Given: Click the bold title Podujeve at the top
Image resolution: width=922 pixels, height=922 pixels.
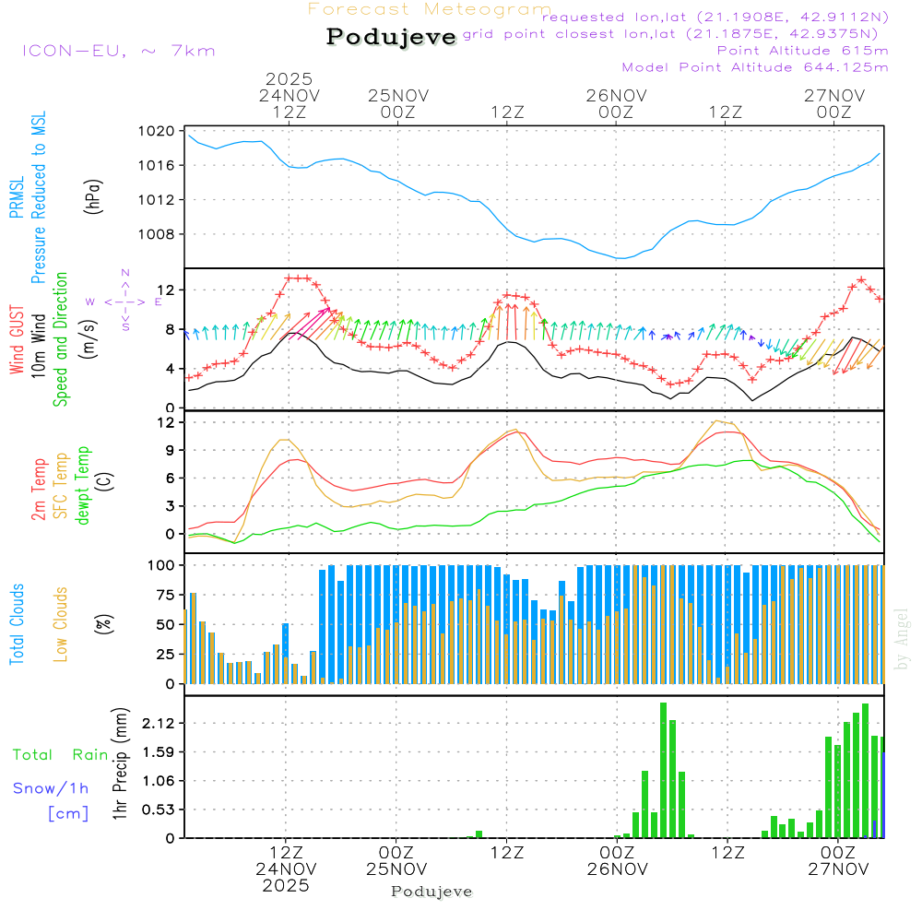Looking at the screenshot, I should (391, 37).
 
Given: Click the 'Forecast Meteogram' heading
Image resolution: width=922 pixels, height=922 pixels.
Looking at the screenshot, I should (430, 9).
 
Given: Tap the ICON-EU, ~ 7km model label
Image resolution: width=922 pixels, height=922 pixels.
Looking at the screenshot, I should (118, 50).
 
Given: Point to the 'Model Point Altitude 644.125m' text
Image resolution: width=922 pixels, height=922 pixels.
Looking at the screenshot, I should (754, 67).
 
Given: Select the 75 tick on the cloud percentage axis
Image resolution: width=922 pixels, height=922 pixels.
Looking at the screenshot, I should (162, 595).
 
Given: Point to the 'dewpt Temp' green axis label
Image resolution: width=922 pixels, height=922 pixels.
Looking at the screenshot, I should (84, 486).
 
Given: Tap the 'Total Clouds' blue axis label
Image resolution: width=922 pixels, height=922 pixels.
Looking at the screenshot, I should (18, 624).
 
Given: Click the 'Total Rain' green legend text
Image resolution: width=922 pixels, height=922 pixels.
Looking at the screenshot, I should (60, 755).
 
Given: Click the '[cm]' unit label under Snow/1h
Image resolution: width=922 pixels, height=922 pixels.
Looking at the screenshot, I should (68, 813).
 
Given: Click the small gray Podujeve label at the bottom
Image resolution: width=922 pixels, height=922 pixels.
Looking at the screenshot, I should (431, 892).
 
